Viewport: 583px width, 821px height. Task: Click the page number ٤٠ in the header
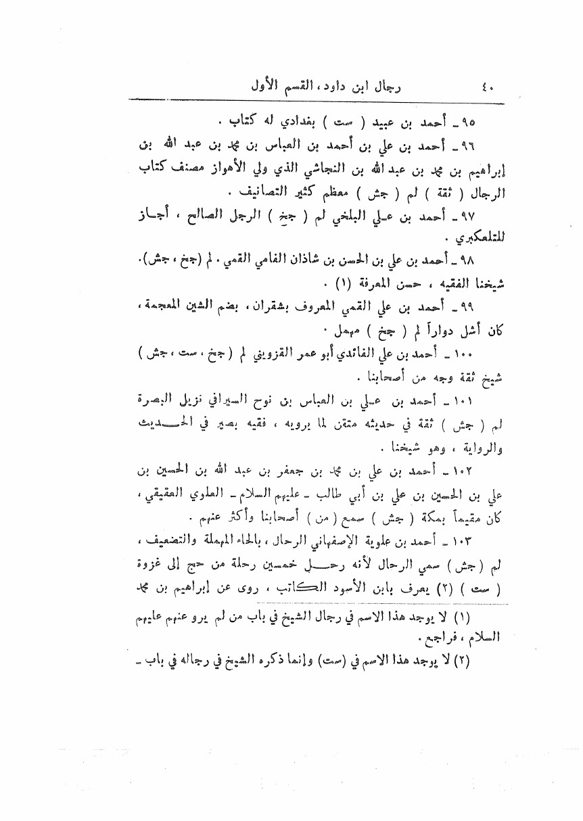(488, 87)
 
